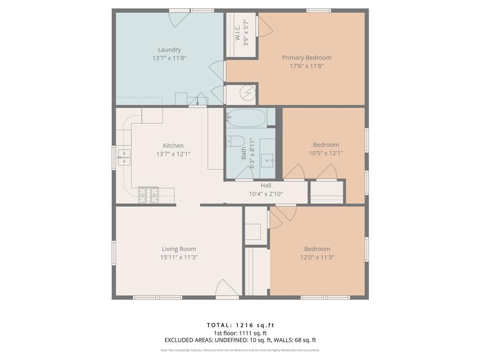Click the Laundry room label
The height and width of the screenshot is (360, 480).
coord(169,50)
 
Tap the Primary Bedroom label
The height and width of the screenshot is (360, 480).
coord(307,58)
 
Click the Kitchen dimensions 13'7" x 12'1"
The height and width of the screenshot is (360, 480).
coord(173,154)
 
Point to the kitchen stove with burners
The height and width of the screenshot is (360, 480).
coord(148,194)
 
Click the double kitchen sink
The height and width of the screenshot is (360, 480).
coord(124,157)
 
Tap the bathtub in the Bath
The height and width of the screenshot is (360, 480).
coord(246,117)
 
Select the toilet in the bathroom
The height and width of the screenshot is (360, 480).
coord(235,141)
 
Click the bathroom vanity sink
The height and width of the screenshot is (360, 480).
coord(268,160)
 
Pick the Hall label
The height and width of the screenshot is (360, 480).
coord(266,185)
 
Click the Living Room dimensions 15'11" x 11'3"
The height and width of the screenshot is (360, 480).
coord(179,257)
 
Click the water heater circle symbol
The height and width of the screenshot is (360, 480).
coord(246,94)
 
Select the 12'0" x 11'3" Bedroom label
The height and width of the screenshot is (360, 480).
coord(317,249)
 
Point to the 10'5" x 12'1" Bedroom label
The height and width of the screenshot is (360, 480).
coord(326,145)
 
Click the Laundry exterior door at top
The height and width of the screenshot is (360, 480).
coord(179,17)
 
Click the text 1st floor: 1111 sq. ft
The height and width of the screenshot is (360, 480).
coord(240,333)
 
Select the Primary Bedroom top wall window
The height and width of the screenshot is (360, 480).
coord(318,10)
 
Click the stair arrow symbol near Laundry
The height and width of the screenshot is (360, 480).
coord(197,100)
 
